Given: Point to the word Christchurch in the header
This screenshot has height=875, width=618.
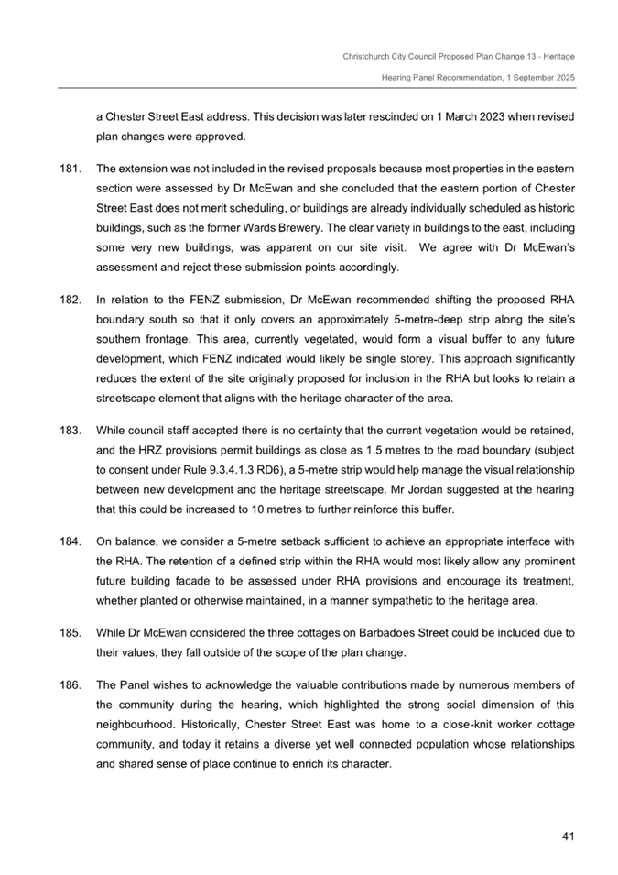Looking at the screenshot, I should (x=368, y=57).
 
